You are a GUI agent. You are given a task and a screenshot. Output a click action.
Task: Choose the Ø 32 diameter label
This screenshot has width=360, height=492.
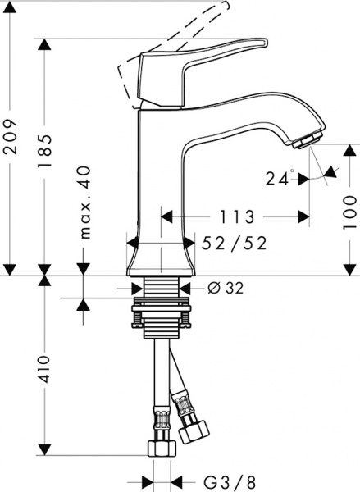[222, 287]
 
